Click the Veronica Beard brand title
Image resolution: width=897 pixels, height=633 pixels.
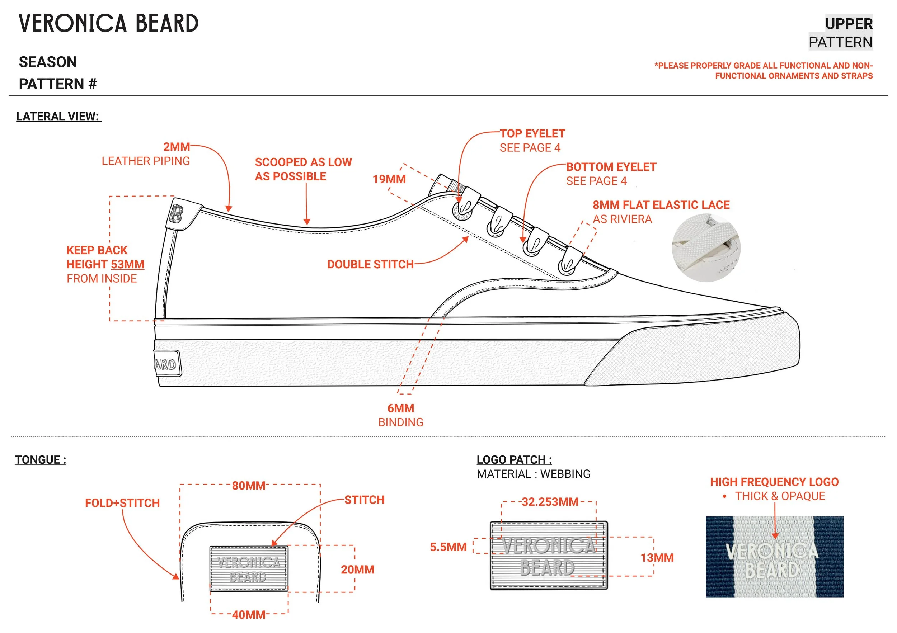(x=109, y=23)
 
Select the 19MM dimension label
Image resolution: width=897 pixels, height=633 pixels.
(x=389, y=179)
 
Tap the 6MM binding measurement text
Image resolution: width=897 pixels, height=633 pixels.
(x=400, y=408)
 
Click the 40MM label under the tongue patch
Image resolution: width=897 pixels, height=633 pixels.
(x=249, y=615)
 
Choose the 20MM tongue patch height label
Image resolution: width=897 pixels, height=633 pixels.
(x=357, y=570)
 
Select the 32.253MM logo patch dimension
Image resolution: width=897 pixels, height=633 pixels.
(x=550, y=502)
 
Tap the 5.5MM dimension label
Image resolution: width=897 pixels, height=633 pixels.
(x=448, y=547)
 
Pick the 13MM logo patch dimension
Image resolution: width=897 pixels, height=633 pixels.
(x=657, y=558)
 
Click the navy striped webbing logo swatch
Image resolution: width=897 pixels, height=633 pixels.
(x=774, y=557)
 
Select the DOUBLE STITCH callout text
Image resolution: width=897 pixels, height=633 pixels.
(x=370, y=264)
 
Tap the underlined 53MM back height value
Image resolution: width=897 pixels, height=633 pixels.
(x=127, y=264)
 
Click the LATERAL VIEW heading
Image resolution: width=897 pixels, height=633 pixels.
(x=58, y=116)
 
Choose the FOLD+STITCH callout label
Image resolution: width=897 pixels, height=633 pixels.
(x=122, y=503)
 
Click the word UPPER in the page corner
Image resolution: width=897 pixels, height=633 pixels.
(x=849, y=24)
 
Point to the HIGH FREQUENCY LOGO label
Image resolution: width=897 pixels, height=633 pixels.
(x=774, y=482)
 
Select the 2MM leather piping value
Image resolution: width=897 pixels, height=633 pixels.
(x=176, y=147)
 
